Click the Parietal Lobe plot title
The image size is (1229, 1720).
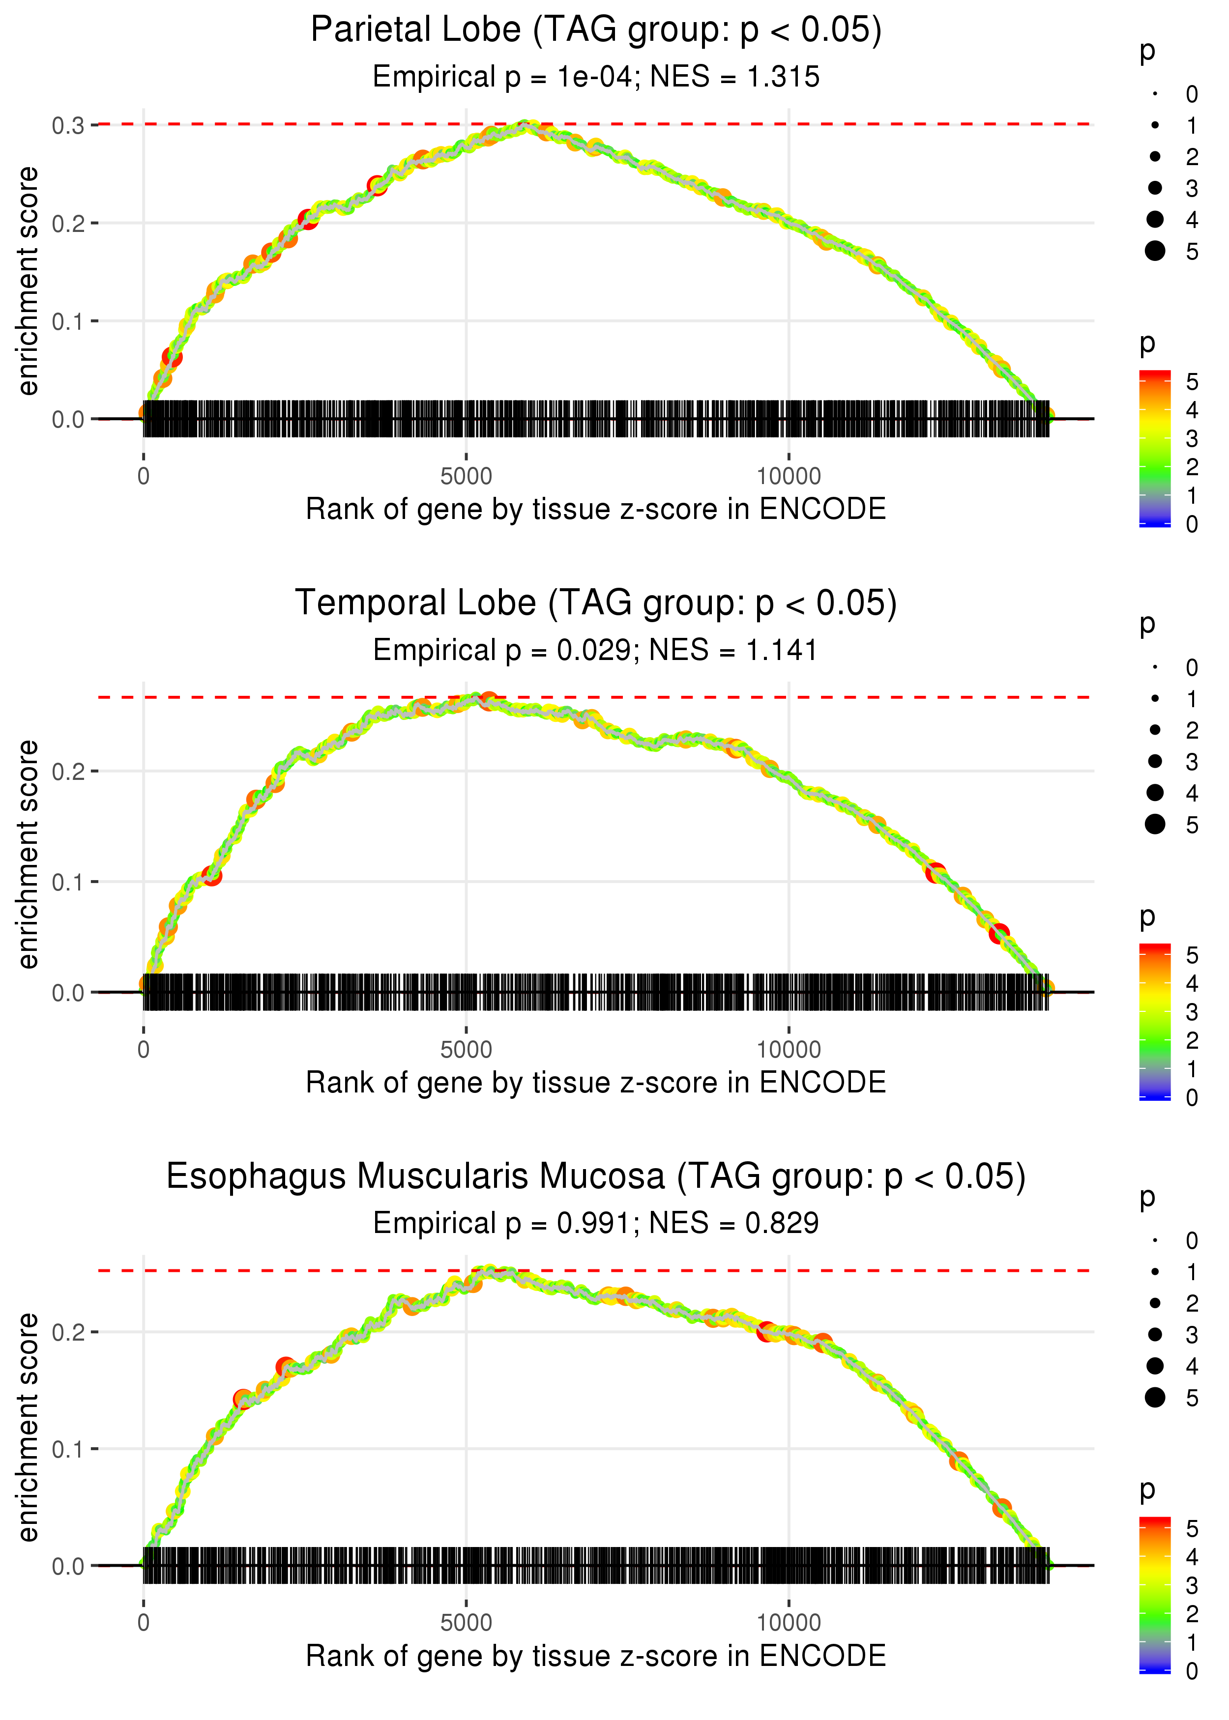[x=596, y=30]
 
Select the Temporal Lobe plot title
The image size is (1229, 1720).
[x=596, y=603]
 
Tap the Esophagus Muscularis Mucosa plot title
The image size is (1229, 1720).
[x=596, y=1177]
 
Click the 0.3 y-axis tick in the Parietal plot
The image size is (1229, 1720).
[x=68, y=125]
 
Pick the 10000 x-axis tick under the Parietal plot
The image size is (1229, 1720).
[x=789, y=477]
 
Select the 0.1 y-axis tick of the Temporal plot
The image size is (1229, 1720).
[x=68, y=883]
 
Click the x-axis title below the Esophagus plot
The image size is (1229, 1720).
[x=596, y=1657]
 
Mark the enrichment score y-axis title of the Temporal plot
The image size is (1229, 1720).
[x=28, y=855]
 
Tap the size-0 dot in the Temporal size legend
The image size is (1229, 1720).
[x=1155, y=667]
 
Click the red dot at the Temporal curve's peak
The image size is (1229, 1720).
[x=489, y=700]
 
